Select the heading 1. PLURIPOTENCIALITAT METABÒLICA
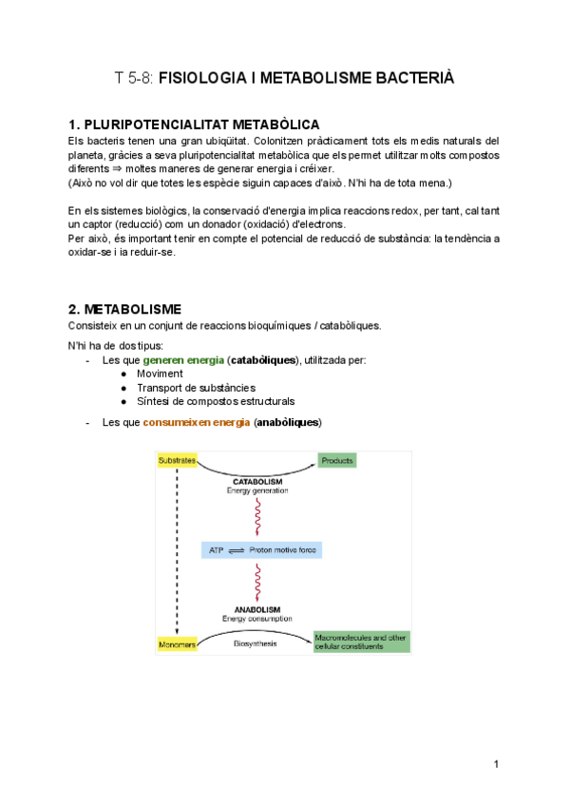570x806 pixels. (x=194, y=125)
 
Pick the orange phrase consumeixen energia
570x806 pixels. (x=197, y=421)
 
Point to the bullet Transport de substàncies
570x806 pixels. (x=196, y=388)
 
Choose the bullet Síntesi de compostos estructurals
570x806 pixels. (x=216, y=401)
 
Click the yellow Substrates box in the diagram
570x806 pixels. (x=176, y=461)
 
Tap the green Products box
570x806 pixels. (x=336, y=461)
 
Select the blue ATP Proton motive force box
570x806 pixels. (x=262, y=550)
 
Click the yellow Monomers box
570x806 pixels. (x=177, y=644)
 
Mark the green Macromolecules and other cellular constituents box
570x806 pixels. (x=362, y=642)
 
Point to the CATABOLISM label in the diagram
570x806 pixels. (x=256, y=481)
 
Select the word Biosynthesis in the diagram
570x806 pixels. (x=255, y=643)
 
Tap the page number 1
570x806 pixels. (x=496, y=764)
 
